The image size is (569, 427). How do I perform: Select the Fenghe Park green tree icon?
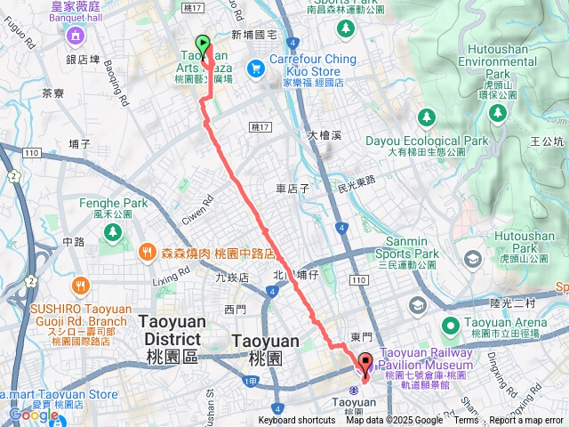[x=113, y=231]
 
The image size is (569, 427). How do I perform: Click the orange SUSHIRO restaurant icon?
[x=79, y=285]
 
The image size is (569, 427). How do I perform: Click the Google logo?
[x=33, y=415]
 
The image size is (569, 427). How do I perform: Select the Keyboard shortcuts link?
[x=297, y=421]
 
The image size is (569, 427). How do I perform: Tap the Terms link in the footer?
[x=466, y=421]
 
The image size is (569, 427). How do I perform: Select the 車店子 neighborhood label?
[x=292, y=189]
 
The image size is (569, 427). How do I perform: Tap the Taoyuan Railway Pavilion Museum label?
[x=425, y=359]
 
